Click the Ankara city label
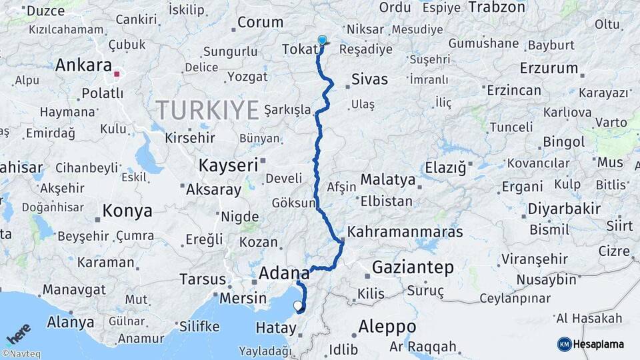(83, 65)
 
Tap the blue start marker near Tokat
(323, 41)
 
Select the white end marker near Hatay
(297, 306)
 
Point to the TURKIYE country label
(207, 110)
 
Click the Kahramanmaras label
(405, 233)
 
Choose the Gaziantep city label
(413, 267)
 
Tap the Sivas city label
(369, 79)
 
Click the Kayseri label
(227, 165)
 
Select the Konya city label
(127, 211)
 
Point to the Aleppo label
(387, 327)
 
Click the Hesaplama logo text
(598, 344)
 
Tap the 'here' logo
(18, 333)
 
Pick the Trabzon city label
(497, 7)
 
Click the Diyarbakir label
(564, 209)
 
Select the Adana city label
(284, 273)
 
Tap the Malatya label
(387, 179)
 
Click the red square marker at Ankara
(117, 75)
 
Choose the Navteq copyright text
(20, 354)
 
